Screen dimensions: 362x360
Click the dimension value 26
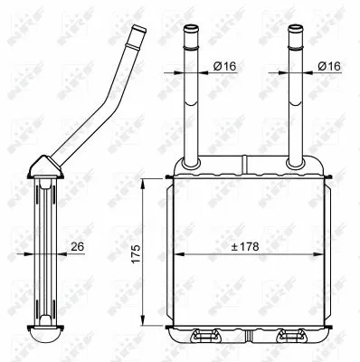pyautogui.click(x=79, y=246)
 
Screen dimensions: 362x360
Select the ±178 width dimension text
pyautogui.click(x=245, y=246)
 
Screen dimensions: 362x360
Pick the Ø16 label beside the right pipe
pyautogui.click(x=329, y=67)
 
